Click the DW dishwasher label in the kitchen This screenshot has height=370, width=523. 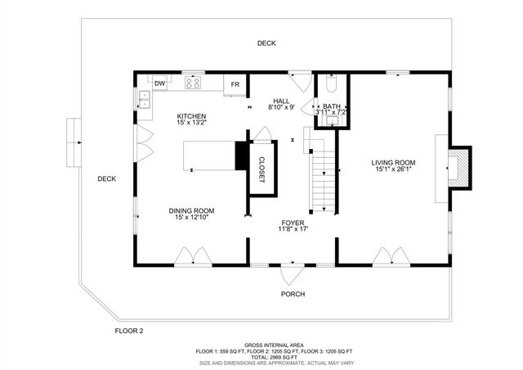(159, 83)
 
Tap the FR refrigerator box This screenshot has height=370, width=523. (235, 84)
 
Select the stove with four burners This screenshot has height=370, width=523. (194, 83)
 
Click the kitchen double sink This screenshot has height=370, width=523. (145, 100)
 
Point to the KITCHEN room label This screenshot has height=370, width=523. (191, 117)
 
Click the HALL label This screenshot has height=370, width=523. (281, 102)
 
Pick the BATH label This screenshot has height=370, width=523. (331, 106)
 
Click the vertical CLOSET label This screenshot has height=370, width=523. (261, 169)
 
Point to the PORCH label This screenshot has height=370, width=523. (293, 294)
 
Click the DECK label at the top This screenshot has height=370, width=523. (266, 43)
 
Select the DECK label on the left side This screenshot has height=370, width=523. (106, 178)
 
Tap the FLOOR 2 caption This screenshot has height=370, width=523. (128, 331)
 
